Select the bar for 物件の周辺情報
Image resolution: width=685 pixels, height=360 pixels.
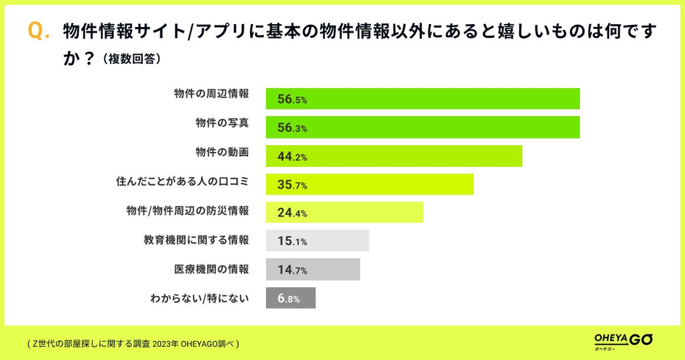point(423,98)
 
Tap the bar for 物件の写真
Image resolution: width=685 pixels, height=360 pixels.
point(423,127)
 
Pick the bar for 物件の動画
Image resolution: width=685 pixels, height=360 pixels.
point(394,155)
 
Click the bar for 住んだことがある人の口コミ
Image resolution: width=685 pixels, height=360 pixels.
point(369,184)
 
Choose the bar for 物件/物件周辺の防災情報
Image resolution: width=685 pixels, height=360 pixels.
point(344,212)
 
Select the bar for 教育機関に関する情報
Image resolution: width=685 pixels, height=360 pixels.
point(317,240)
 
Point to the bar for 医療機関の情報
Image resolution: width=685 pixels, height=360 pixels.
point(313,269)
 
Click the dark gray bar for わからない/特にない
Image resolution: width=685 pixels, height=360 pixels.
point(290,297)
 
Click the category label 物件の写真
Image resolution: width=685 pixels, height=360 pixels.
point(222,122)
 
